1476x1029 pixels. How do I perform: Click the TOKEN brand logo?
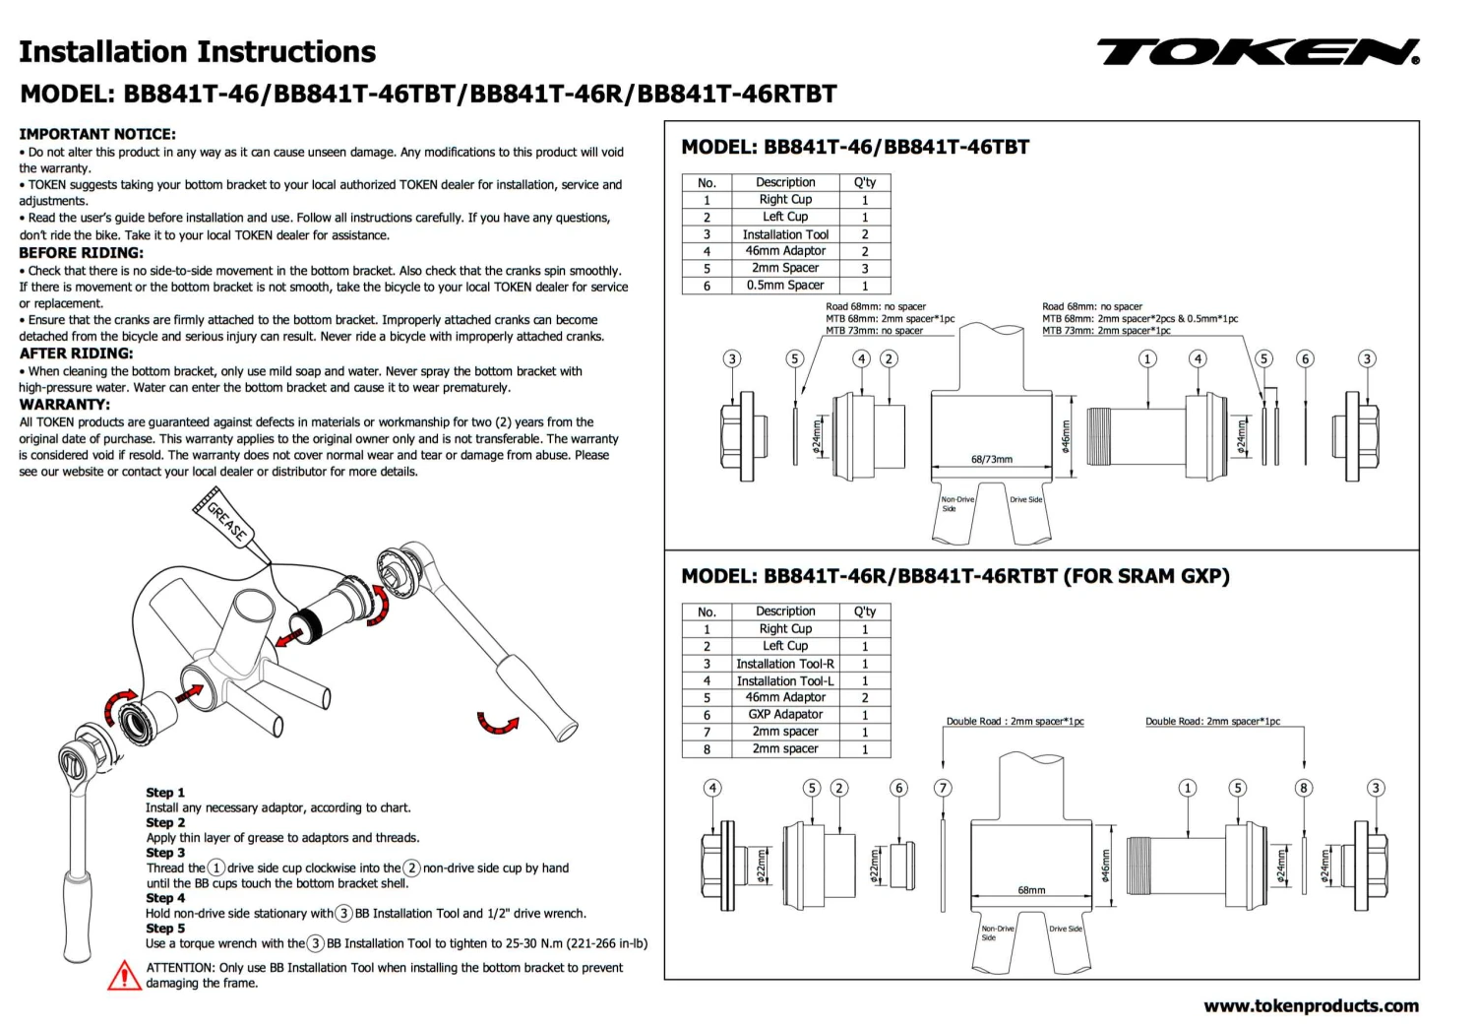click(1258, 52)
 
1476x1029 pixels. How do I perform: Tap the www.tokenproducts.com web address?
click(1311, 1005)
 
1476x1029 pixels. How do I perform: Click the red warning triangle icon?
click(124, 975)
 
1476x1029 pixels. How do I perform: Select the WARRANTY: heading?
click(65, 404)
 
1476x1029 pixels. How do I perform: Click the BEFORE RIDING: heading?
click(81, 252)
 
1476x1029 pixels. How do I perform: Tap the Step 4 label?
click(165, 898)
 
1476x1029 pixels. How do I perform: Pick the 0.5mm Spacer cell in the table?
click(785, 286)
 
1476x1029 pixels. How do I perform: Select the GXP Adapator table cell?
click(785, 715)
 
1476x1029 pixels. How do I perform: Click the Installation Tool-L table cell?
click(785, 680)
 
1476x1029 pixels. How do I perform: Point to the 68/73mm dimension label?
click(991, 460)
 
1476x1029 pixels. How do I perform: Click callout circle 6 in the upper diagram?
click(1306, 358)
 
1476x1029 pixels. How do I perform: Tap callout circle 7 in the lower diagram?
click(944, 788)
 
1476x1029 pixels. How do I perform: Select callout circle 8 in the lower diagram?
click(1304, 788)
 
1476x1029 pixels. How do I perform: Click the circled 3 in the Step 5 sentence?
click(316, 943)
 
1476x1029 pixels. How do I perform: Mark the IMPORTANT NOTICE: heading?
click(97, 134)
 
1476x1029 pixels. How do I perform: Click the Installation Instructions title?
click(198, 52)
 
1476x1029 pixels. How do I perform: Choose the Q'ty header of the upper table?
click(865, 182)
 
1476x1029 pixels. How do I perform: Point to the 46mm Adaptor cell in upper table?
click(785, 251)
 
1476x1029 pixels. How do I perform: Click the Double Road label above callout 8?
click(1212, 722)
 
